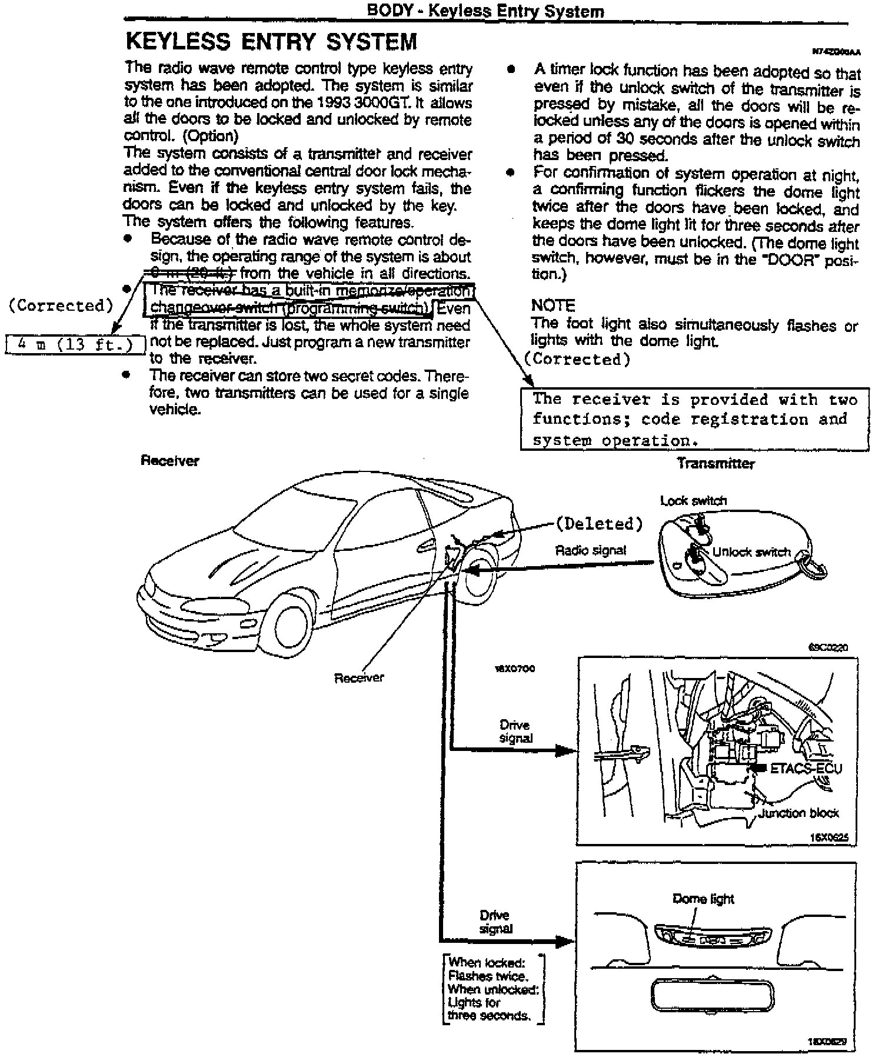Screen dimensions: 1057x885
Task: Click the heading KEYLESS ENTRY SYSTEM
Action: (271, 42)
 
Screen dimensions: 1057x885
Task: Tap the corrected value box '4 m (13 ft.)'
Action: (75, 345)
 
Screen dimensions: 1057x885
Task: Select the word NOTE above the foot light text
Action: (553, 305)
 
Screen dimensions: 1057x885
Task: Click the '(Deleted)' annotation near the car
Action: (599, 523)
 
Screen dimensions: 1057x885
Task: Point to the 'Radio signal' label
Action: (590, 550)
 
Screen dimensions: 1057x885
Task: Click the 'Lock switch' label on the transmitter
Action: (693, 501)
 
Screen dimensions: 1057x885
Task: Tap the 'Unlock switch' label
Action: (751, 552)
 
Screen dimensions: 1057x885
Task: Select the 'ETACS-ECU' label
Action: (806, 769)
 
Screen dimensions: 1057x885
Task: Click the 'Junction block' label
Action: (798, 813)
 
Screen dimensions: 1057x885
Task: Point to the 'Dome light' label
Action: (703, 899)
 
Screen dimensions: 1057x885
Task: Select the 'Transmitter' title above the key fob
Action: (715, 463)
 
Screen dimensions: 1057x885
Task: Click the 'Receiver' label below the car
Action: (358, 678)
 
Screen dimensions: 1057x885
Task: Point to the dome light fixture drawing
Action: (712, 935)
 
